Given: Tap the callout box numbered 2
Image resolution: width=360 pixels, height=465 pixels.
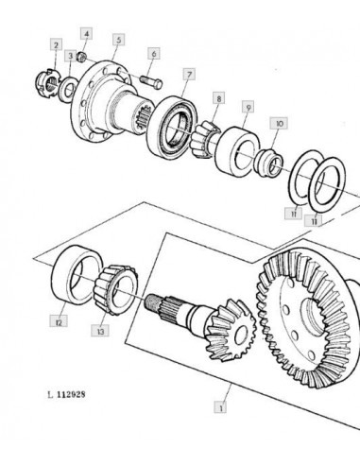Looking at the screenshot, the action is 56,44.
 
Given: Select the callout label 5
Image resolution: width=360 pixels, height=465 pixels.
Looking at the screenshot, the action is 119,40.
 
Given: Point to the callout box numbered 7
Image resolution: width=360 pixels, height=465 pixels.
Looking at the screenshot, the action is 189,75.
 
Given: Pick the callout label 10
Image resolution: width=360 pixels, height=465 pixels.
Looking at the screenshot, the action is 279,123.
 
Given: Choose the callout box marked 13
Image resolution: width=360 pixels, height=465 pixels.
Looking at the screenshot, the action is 100,331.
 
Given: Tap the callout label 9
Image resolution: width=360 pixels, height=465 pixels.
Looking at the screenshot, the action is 249,107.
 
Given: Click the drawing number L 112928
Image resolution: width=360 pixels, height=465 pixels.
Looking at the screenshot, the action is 66,394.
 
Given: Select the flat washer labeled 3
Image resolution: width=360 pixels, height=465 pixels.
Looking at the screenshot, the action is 68,89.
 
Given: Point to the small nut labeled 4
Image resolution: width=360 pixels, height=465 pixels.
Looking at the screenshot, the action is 81,57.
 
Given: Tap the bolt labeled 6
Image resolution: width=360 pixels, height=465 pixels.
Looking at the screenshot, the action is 151,82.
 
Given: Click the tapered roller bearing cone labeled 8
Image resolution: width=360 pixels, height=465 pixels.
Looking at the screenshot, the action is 205,139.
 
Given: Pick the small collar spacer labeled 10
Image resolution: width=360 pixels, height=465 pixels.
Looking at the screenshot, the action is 268,162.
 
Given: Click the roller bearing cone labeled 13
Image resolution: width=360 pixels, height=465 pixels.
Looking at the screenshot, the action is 116,289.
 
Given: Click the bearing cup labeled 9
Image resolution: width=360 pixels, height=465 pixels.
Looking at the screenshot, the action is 237,151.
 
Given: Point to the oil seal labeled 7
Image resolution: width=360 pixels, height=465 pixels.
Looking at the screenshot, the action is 172,127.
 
